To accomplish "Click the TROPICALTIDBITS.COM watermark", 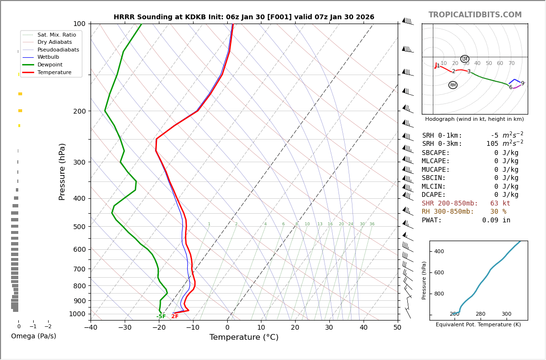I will (x=475, y=15).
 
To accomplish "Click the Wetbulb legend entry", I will (x=48, y=57).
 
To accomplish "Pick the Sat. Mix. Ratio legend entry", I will (x=56, y=35).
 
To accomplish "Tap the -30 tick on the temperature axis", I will (x=125, y=328).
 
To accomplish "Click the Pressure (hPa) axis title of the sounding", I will (x=62, y=171).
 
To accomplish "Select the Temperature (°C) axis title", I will (x=244, y=337).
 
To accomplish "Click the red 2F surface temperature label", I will (x=175, y=317).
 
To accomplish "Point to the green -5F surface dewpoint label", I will (x=161, y=317).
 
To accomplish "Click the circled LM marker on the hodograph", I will (x=465, y=59).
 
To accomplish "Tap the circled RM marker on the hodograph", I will (x=453, y=85).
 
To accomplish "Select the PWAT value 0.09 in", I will (x=496, y=220).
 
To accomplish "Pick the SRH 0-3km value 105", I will (x=492, y=144).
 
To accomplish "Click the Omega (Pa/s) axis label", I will (x=33, y=336).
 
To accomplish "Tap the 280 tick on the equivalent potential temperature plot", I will (x=481, y=314).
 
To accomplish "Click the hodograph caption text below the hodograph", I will (x=474, y=119).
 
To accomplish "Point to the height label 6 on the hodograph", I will (x=510, y=88).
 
